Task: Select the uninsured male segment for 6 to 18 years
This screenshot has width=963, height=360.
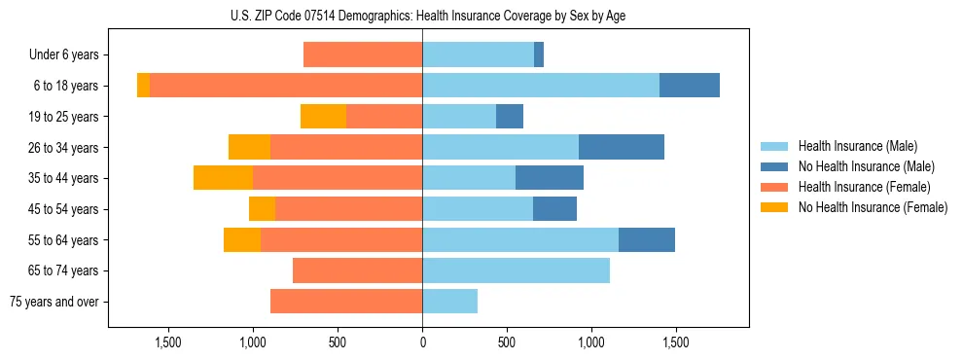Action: click(x=689, y=86)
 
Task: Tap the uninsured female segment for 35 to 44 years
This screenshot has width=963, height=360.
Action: click(x=223, y=178)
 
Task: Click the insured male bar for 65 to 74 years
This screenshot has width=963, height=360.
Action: click(x=516, y=270)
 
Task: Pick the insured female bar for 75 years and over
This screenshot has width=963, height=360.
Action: click(x=346, y=302)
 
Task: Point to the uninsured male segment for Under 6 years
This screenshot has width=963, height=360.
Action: click(x=539, y=54)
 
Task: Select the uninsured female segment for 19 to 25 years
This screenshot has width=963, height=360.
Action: click(x=323, y=117)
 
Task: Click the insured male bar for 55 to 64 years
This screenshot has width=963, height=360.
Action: click(x=520, y=239)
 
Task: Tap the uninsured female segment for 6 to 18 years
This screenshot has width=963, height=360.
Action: click(x=143, y=86)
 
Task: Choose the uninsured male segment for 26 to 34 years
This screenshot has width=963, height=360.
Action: click(x=622, y=147)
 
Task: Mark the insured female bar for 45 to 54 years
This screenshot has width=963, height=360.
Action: click(x=348, y=209)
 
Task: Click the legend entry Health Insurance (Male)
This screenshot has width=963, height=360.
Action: click(x=857, y=146)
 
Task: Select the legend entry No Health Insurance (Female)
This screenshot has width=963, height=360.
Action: click(x=872, y=207)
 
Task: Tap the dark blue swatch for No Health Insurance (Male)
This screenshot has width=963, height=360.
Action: click(x=774, y=166)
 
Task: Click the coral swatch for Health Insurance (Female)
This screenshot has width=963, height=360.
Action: click(x=774, y=187)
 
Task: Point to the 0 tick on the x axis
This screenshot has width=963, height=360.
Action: click(x=422, y=342)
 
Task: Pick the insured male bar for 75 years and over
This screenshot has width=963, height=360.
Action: click(x=449, y=302)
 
